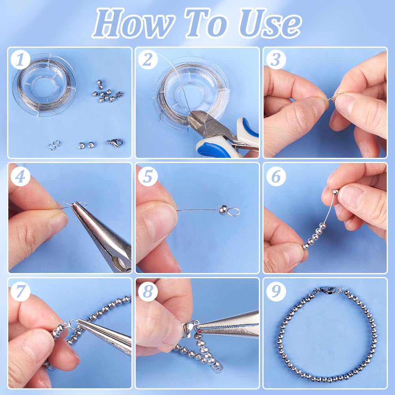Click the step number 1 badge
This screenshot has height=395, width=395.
point(21,60)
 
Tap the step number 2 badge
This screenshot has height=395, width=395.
point(148,60)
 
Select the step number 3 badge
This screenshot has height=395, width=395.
point(276,60)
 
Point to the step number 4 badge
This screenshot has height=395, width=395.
point(21,176)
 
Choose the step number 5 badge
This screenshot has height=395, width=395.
point(148,176)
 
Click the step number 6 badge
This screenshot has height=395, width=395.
point(276,176)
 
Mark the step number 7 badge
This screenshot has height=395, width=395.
point(21,292)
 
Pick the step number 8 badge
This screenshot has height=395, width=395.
point(148,292)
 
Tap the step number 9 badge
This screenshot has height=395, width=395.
point(276,292)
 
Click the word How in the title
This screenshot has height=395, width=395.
point(133,23)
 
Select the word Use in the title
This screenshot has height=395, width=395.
point(270,23)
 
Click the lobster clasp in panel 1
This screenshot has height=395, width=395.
point(115,143)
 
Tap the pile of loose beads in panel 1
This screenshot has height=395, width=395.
point(107,92)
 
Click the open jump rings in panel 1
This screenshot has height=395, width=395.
point(55,145)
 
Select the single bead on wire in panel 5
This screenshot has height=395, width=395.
point(223,210)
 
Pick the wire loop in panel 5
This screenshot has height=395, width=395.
point(233,212)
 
